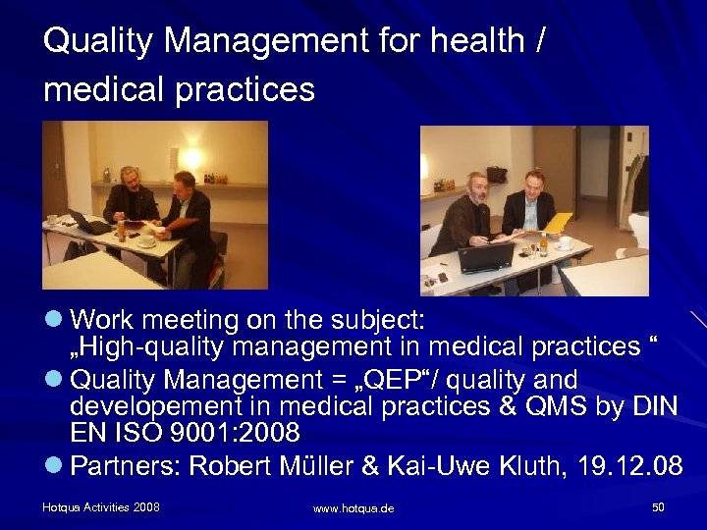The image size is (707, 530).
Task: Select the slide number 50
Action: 657,507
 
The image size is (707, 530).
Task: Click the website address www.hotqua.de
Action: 353,508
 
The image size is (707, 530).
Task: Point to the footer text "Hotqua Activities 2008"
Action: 101,507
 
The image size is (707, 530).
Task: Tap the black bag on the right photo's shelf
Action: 497,175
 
